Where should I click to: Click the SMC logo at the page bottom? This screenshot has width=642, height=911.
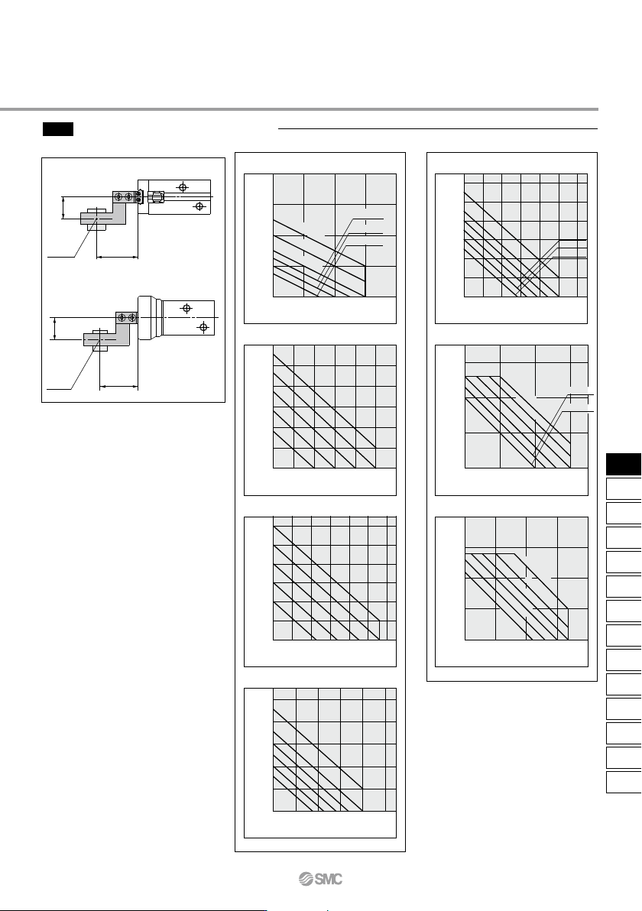pos(320,879)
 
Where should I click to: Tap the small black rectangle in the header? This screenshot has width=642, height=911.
pos(58,129)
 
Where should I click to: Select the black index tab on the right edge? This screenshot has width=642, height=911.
pos(624,464)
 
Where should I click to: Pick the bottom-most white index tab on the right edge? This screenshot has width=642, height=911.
pos(624,782)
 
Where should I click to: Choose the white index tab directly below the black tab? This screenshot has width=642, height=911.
pos(624,488)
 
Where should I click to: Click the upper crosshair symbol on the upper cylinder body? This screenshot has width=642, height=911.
pos(183,187)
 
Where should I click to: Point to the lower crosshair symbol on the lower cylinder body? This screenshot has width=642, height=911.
pos(203,328)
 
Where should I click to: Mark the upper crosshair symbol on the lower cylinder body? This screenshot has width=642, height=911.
pos(186,308)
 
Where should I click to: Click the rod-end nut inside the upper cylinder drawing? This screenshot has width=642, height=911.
pos(156,197)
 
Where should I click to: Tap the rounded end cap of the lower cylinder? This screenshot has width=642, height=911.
pos(149,317)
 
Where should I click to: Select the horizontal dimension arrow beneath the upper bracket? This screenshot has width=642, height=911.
pos(118,256)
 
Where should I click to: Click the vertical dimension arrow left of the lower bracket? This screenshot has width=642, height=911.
pos(54,329)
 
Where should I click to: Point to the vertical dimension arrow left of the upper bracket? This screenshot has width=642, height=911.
pos(63,208)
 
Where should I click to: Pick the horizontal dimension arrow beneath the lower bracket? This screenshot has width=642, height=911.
pos(118,384)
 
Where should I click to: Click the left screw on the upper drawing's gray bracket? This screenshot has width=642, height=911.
pos(118,197)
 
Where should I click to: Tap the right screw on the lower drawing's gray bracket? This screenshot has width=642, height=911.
pos(132,317)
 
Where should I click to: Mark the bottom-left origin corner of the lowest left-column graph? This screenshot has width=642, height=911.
pos(274,811)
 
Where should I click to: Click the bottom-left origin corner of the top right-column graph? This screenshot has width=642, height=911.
pos(465,297)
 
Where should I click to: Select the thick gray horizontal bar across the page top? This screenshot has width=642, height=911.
pos(299,109)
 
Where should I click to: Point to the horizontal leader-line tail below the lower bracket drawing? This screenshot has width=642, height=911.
pos(59,389)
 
